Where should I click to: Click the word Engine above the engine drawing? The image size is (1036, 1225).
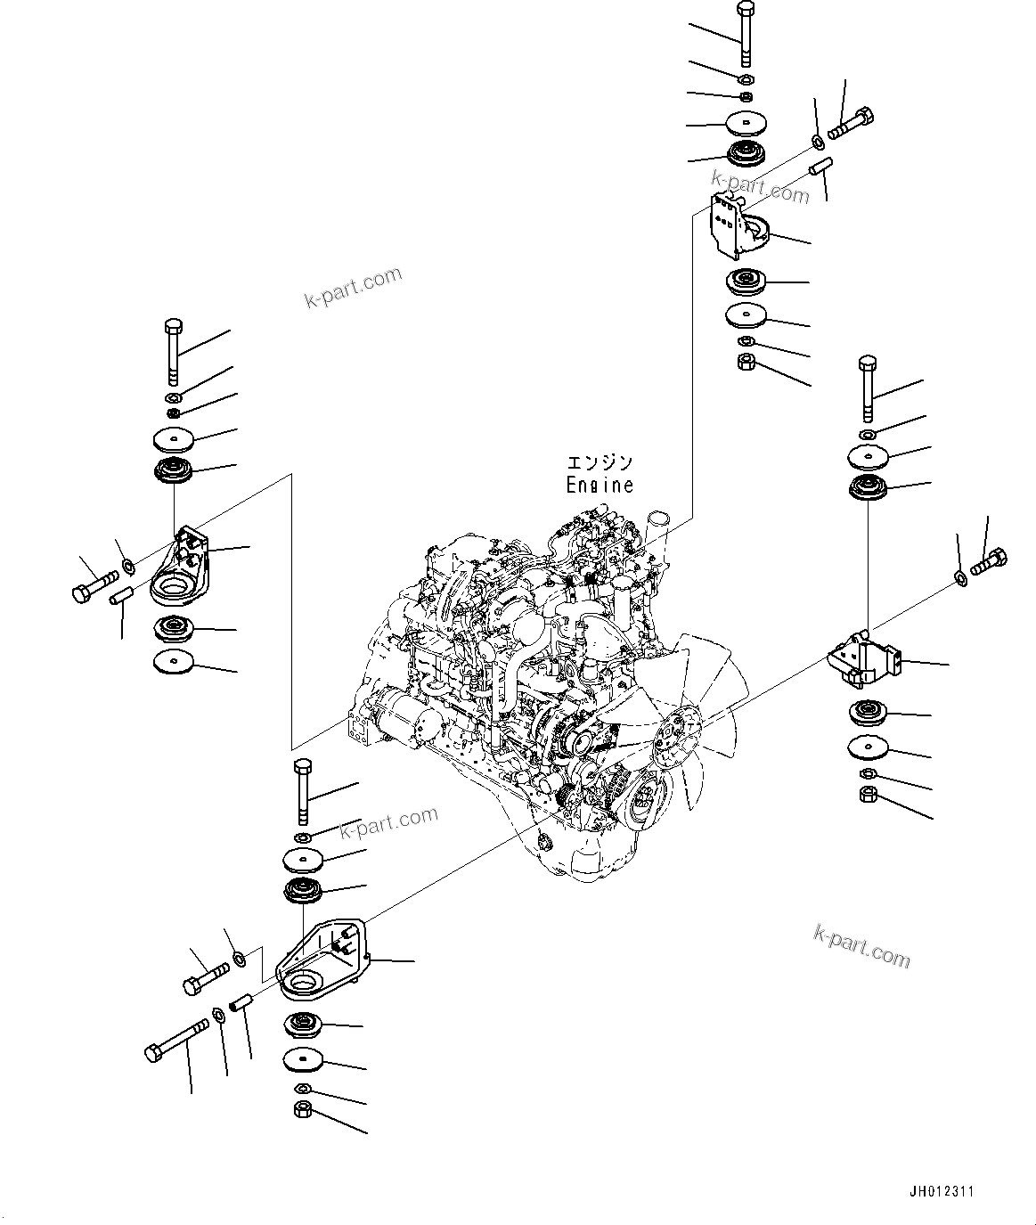tap(600, 486)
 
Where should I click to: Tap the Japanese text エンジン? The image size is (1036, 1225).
tap(600, 463)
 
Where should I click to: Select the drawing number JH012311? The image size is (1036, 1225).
tap(942, 1191)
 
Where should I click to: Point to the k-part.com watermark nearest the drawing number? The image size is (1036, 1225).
tap(861, 945)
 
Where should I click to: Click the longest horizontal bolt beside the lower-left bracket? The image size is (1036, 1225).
tap(175, 1041)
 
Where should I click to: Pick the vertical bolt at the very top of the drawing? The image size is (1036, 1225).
tap(745, 34)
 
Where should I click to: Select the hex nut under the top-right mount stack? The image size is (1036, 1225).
tap(746, 363)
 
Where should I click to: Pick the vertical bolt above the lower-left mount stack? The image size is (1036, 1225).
tap(301, 788)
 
